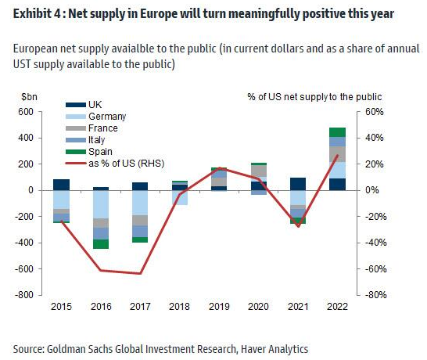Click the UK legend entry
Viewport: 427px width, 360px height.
point(84,105)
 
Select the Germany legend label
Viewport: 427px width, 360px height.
point(107,117)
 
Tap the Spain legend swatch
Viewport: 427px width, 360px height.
point(76,152)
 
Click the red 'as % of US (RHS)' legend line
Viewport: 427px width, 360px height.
point(76,164)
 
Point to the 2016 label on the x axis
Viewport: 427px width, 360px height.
point(101,307)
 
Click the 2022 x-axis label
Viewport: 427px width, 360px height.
point(337,307)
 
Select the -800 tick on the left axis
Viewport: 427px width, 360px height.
point(24,295)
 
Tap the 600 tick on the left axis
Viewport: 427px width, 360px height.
point(26,112)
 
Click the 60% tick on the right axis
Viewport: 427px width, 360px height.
point(374,112)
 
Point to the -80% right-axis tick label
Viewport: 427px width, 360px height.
point(376,295)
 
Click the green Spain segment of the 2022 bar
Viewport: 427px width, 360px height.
point(337,132)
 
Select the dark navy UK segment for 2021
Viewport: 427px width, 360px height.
point(298,184)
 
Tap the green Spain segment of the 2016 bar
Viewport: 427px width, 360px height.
point(101,244)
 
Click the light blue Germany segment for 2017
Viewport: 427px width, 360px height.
point(140,203)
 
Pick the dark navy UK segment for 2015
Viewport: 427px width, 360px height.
point(61,185)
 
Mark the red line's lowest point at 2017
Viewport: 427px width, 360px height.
point(140,273)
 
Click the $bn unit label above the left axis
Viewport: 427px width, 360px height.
point(29,97)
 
